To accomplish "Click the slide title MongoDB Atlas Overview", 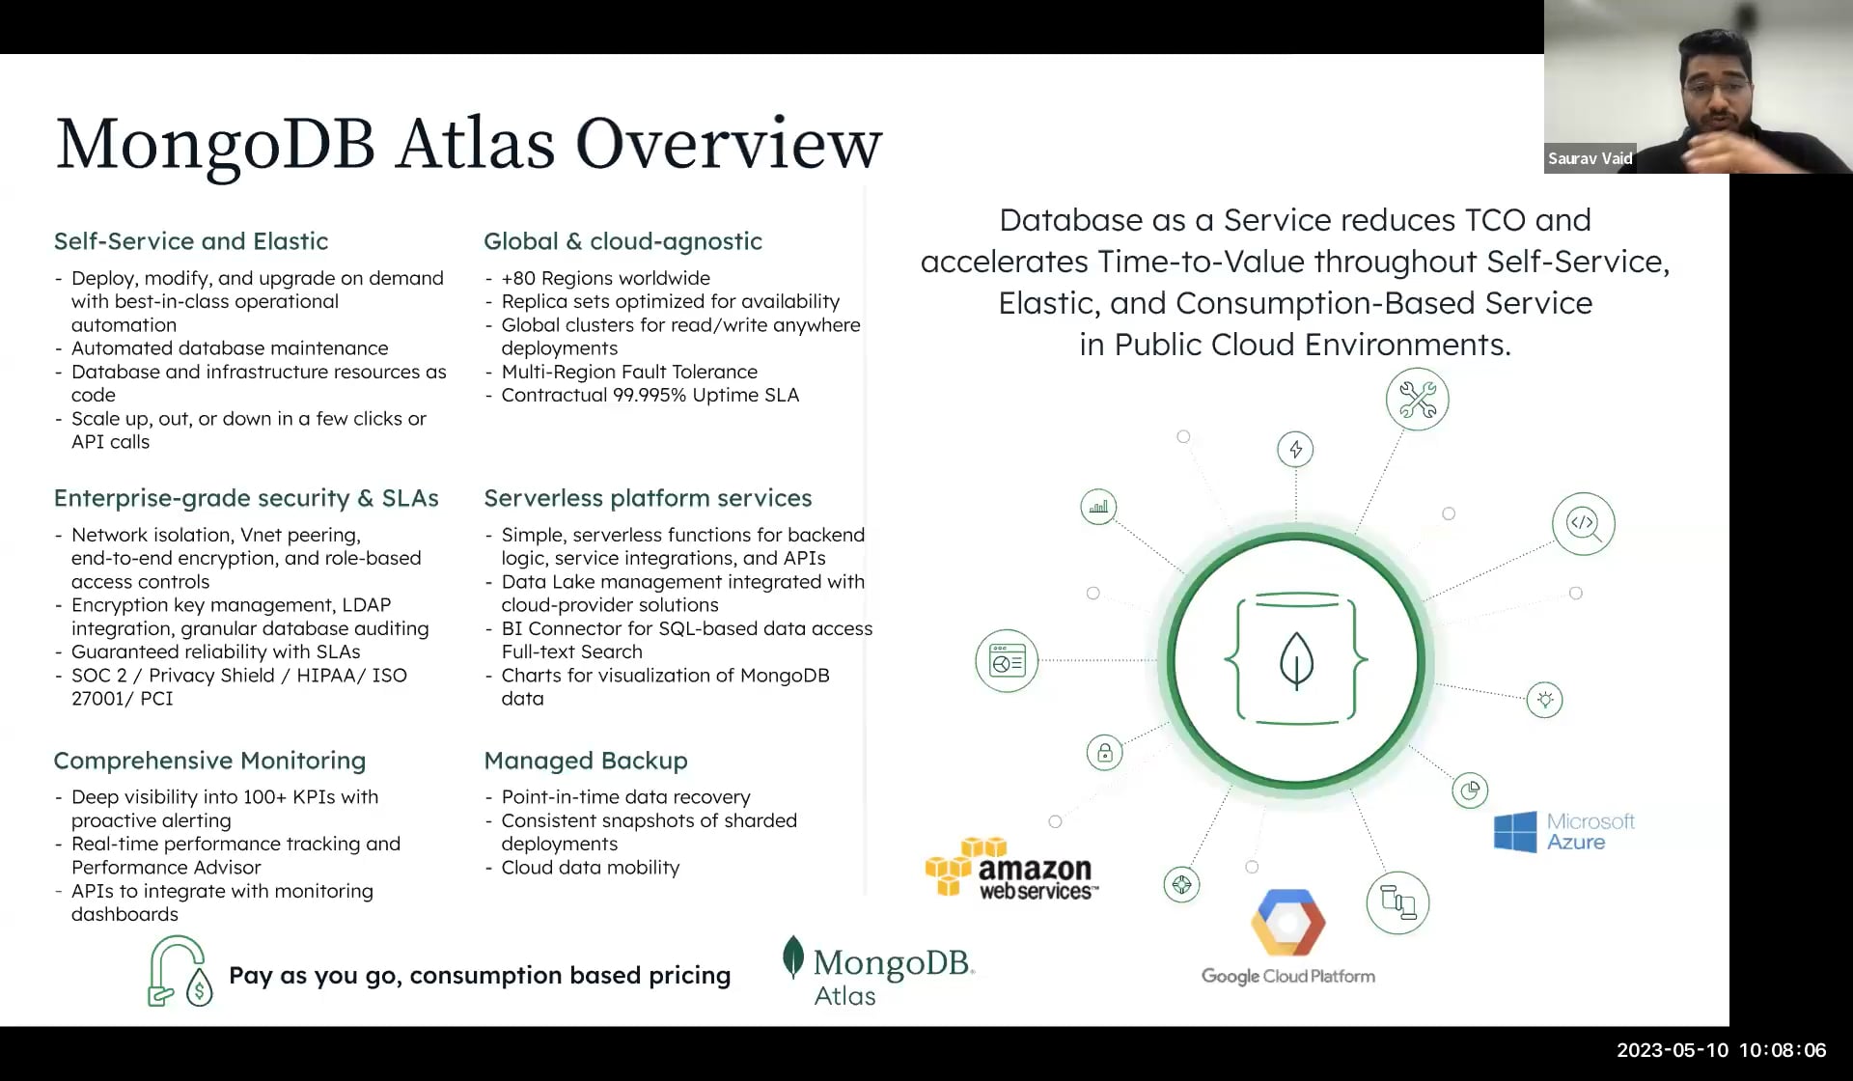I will [x=469, y=143].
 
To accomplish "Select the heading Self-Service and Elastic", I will [x=191, y=241].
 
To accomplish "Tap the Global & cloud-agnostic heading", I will [x=622, y=241].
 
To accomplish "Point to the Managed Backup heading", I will [x=586, y=761].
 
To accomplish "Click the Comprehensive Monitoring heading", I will [x=209, y=761].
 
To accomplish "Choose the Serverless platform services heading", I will [x=648, y=498].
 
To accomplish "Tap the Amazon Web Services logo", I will [x=1011, y=869].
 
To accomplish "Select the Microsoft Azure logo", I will [x=1563, y=831].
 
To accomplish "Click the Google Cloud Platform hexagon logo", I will [x=1287, y=922].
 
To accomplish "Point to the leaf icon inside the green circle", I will [x=1296, y=660].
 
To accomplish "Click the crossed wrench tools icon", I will [x=1417, y=400].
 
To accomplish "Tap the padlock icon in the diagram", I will [x=1105, y=753].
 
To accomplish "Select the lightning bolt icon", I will [x=1295, y=450].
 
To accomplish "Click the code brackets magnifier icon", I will [x=1583, y=524].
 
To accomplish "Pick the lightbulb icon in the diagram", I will [x=1544, y=700].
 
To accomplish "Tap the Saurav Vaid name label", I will [x=1590, y=158].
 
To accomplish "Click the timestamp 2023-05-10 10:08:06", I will [x=1721, y=1050].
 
